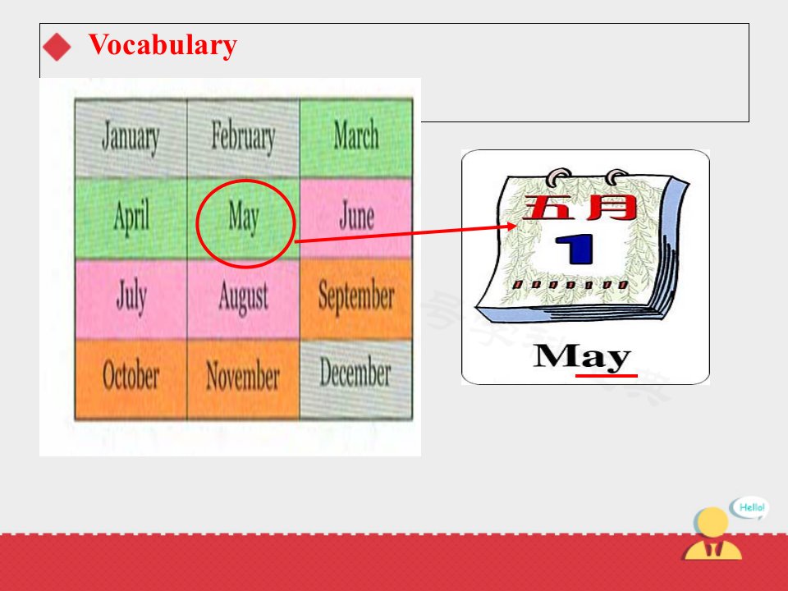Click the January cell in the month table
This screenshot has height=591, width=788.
[x=131, y=138]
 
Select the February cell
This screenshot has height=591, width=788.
[x=243, y=138]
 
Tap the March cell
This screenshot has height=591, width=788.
[x=356, y=138]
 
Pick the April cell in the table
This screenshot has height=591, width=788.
[x=131, y=218]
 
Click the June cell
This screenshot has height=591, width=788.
[x=356, y=218]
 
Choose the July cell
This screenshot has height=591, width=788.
[x=131, y=299]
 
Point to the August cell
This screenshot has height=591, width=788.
[x=243, y=299]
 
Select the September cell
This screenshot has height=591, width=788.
[x=356, y=299]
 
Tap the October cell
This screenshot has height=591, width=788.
[x=131, y=379]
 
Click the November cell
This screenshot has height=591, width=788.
[x=243, y=379]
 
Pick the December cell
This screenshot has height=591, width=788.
[x=356, y=379]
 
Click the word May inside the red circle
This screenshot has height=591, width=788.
[x=244, y=217]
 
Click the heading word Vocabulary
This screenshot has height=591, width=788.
[x=163, y=45]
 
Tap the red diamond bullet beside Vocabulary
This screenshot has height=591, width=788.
[x=57, y=47]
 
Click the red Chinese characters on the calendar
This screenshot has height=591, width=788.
[x=580, y=207]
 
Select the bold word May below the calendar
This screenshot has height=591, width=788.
[x=581, y=357]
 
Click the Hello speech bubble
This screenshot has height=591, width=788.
[x=750, y=507]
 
